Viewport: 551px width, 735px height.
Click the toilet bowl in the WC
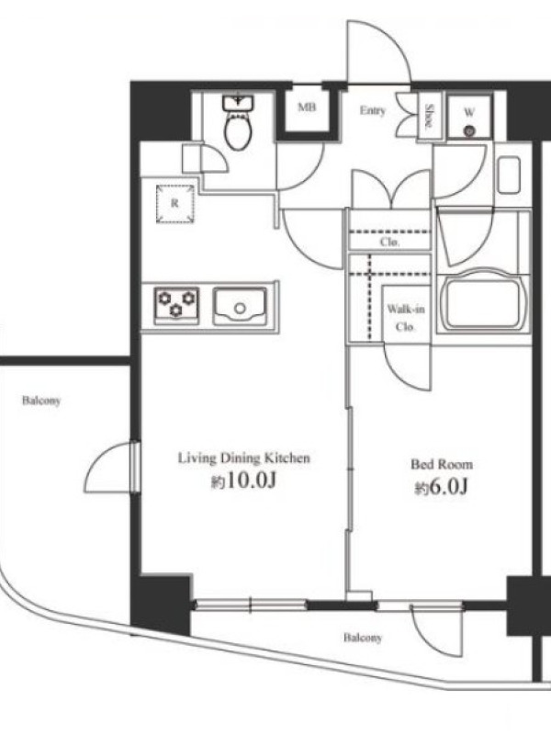pyautogui.click(x=239, y=131)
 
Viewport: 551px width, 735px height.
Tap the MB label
pyautogui.click(x=307, y=107)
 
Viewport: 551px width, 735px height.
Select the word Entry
pyautogui.click(x=373, y=110)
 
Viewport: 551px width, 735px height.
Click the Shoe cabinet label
pyautogui.click(x=428, y=116)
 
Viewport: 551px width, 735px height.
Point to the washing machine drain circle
pyautogui.click(x=468, y=131)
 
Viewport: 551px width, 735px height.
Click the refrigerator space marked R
pyautogui.click(x=175, y=203)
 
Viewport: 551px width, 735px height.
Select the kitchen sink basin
pyautogui.click(x=241, y=306)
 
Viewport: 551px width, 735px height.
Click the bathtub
pyautogui.click(x=483, y=301)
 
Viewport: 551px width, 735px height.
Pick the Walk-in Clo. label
pyautogui.click(x=406, y=318)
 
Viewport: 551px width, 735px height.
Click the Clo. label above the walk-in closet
pyautogui.click(x=389, y=243)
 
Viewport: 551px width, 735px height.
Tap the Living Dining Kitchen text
pyautogui.click(x=243, y=458)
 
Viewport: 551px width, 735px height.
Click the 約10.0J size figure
pyautogui.click(x=242, y=481)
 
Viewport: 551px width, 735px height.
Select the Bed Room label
pyautogui.click(x=442, y=464)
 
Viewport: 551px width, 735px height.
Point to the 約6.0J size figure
pyautogui.click(x=442, y=488)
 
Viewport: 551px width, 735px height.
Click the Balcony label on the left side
pyautogui.click(x=41, y=401)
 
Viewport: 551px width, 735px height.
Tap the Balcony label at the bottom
pyautogui.click(x=363, y=638)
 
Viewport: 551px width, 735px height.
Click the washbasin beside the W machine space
pyautogui.click(x=509, y=175)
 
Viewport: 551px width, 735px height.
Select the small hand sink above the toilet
pyautogui.click(x=239, y=103)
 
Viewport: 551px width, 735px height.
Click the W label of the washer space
pyautogui.click(x=469, y=112)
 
